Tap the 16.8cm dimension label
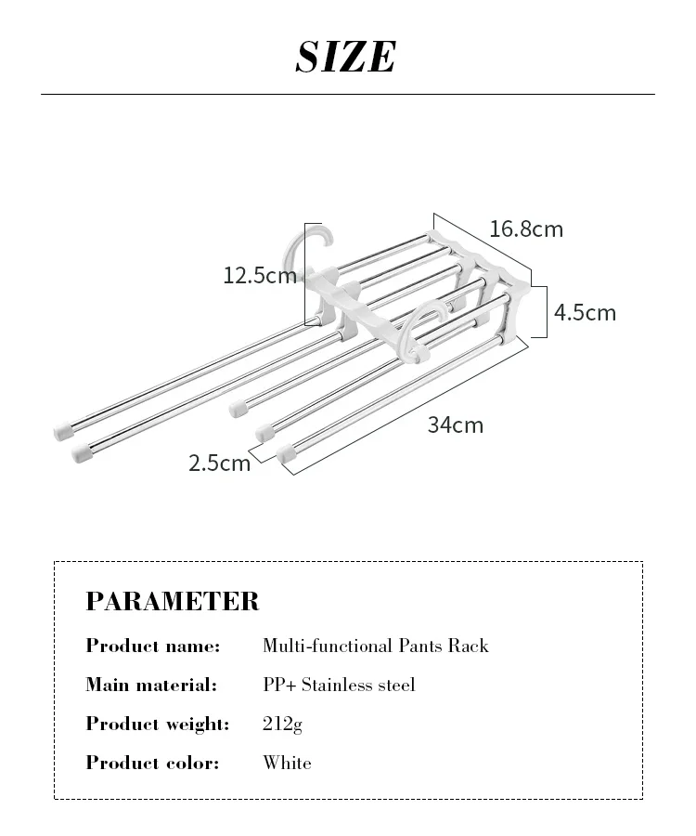[x=526, y=229]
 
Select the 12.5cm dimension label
[x=259, y=275]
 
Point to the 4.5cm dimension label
[x=585, y=312]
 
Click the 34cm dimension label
[x=455, y=425]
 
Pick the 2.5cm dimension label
[x=220, y=463]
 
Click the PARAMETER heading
[x=173, y=601]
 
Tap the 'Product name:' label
[x=153, y=646]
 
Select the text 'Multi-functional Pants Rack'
[x=375, y=646]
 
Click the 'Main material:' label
[x=151, y=685]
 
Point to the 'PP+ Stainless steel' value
[x=339, y=685]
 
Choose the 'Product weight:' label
[x=157, y=724]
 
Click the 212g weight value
[x=282, y=725]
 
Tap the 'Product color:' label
[x=152, y=763]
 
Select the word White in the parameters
[x=287, y=763]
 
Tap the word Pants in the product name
[x=425, y=646]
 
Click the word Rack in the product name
[x=471, y=646]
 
